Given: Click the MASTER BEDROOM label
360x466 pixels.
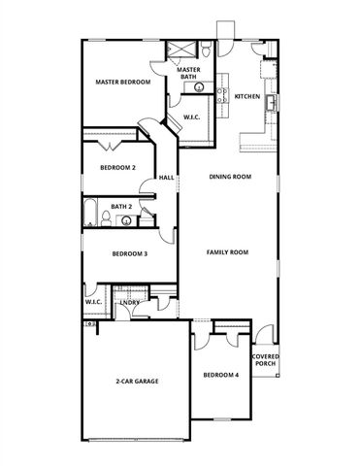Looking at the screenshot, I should point(122,83).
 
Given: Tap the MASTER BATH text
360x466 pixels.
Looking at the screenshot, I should point(188,73).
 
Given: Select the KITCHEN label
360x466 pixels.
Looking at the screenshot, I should point(246,97).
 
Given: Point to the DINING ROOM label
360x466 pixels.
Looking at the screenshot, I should point(231,177).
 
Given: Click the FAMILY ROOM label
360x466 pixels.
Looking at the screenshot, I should point(228,251).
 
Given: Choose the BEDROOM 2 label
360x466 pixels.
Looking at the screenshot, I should point(117,167).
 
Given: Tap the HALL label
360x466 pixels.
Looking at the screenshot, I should point(167,178).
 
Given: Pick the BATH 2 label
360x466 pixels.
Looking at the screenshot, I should point(121,207).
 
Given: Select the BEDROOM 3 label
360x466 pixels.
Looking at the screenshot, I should point(129,254).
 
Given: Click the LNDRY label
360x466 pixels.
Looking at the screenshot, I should point(130,303).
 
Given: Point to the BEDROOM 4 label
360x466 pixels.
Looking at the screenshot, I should point(220,375).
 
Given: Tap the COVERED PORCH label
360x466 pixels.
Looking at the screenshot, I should point(266,360).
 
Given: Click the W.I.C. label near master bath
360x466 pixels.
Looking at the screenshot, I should point(191,117).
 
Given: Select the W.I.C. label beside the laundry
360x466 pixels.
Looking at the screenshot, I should point(93,302).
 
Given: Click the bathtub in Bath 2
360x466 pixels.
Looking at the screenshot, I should point(90,214).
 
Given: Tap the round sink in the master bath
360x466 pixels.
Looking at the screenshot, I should point(199,87).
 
